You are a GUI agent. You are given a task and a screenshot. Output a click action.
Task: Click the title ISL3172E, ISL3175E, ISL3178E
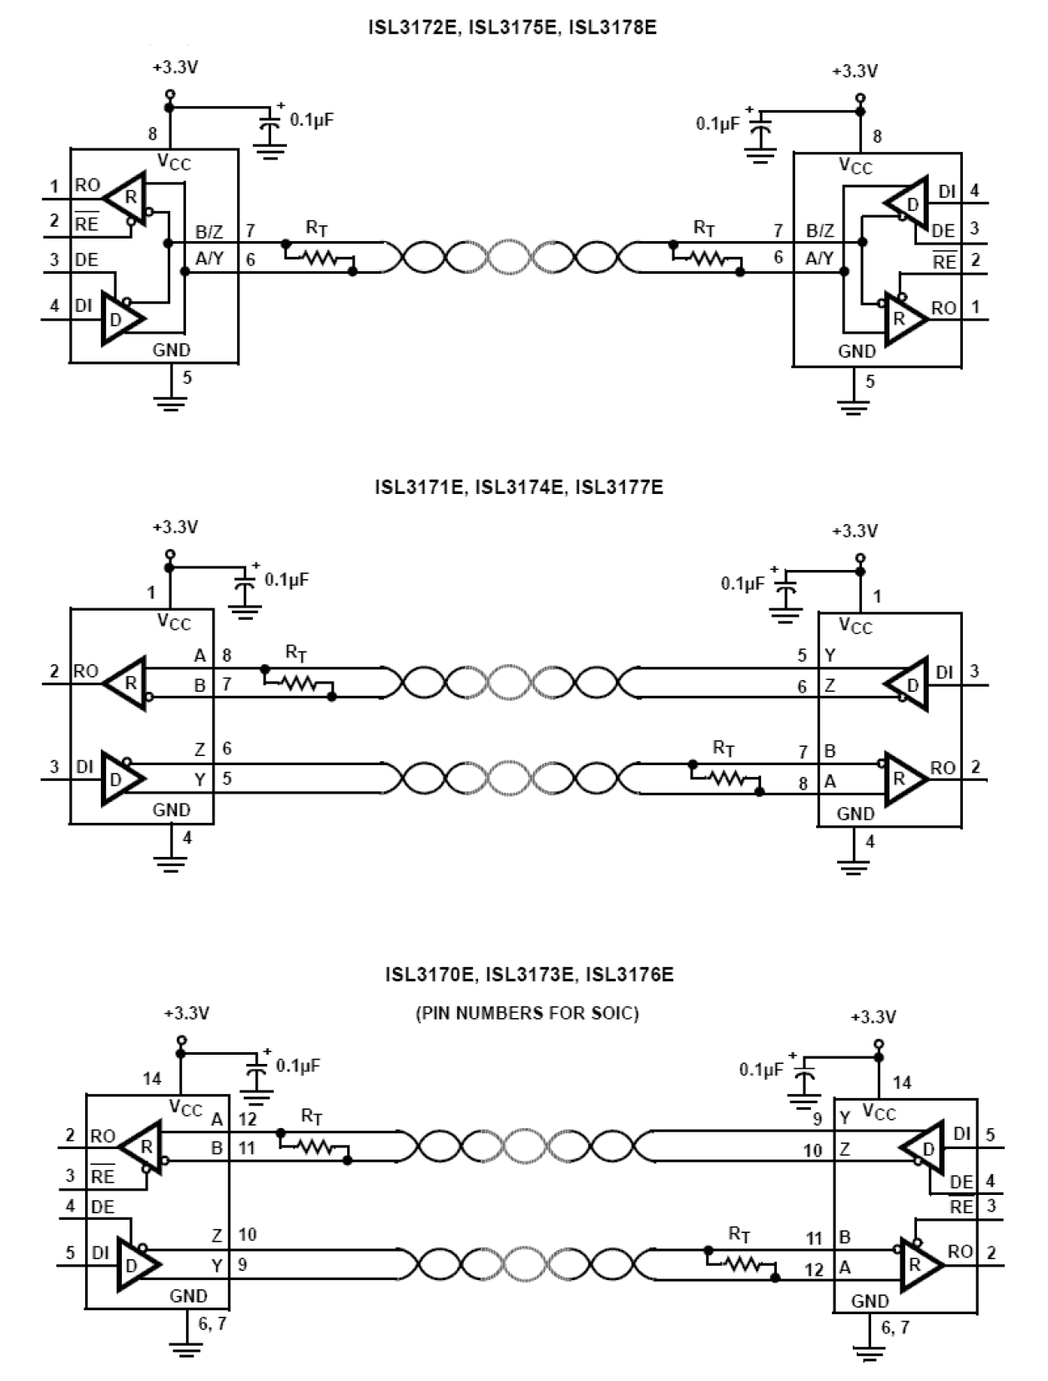(512, 28)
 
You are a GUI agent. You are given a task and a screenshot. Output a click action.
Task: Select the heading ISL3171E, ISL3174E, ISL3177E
(519, 486)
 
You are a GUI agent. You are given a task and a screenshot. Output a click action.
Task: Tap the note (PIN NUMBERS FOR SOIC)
(527, 1013)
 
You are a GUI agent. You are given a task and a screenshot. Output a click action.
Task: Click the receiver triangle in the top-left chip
(125, 198)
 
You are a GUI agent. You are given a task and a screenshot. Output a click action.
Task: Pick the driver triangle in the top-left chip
(122, 318)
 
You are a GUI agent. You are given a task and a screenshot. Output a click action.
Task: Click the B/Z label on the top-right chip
(819, 230)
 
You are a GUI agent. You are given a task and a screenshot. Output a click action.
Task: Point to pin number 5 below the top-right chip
(870, 381)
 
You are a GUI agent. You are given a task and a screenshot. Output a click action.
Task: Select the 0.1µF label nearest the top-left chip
(311, 119)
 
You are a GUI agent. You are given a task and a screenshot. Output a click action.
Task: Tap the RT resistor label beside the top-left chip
(316, 227)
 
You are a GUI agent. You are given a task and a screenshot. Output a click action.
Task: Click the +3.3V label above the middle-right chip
(854, 531)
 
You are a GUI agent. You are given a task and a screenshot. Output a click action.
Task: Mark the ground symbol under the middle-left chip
(170, 863)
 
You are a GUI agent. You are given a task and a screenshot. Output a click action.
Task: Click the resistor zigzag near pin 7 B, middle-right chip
(727, 778)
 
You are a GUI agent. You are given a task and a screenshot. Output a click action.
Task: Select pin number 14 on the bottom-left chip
(152, 1078)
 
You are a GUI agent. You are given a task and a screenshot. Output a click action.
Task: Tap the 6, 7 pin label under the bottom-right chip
(895, 1327)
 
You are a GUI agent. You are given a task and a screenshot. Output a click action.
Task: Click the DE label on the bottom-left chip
(103, 1207)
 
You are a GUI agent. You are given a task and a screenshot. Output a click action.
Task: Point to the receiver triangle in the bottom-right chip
(920, 1264)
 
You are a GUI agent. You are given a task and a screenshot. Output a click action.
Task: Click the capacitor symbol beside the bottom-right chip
(805, 1081)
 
